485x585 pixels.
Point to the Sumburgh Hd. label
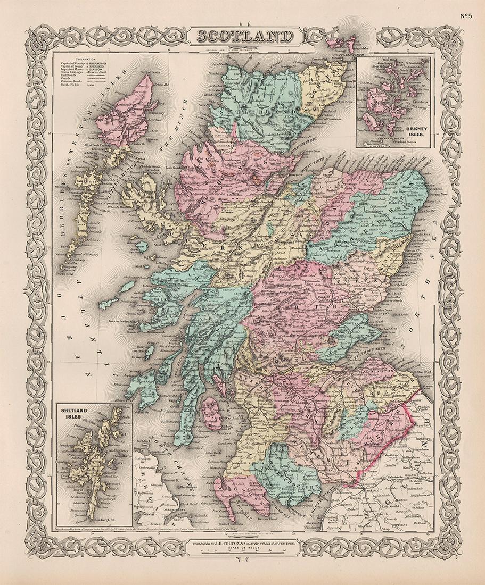101,520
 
